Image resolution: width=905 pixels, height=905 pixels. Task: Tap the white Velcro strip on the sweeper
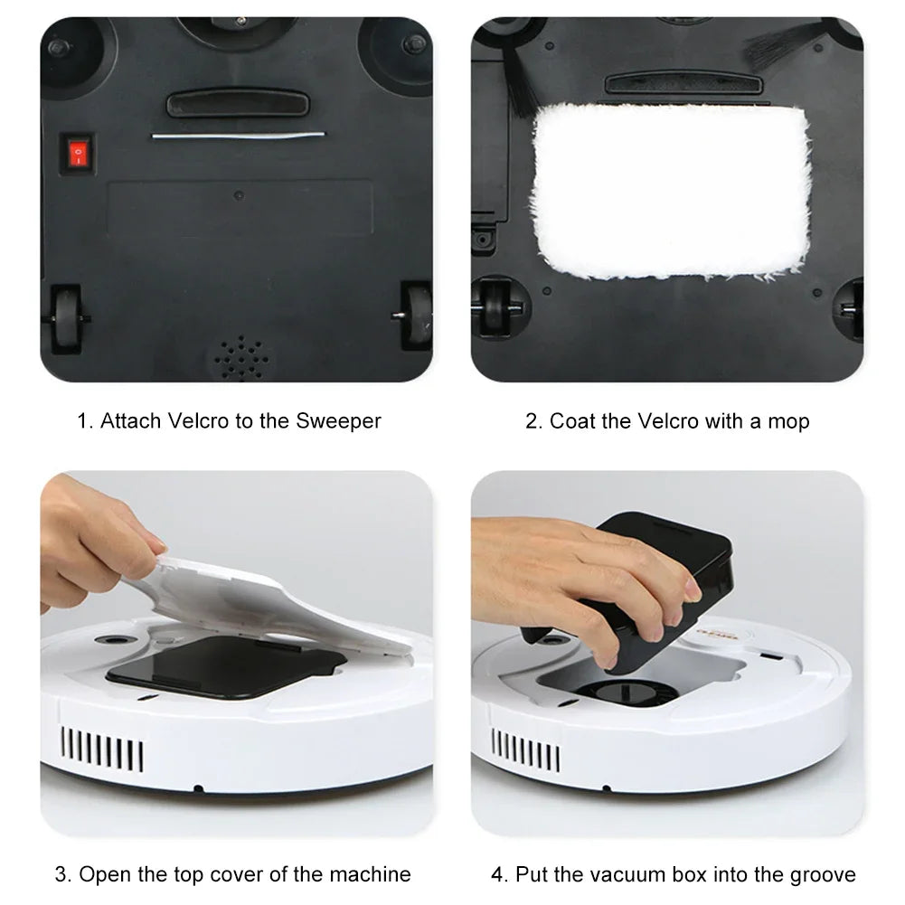tap(238, 136)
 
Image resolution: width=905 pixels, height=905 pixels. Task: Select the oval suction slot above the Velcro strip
tap(238, 103)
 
